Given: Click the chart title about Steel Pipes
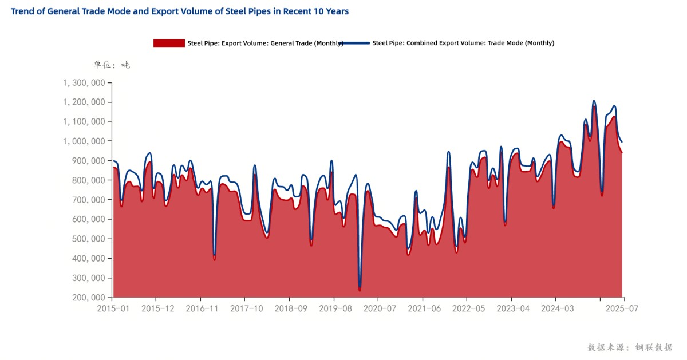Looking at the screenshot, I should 180,11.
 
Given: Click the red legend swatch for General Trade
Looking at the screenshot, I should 169,43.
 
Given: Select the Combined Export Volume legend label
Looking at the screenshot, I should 463,43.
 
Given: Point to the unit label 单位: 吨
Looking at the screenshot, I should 112,65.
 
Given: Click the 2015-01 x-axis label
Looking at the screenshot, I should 113,308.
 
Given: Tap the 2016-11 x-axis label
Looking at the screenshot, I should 201,308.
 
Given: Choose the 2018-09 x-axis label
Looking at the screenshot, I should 290,308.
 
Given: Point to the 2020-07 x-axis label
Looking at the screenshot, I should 378,308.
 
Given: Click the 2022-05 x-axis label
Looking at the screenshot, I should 467,308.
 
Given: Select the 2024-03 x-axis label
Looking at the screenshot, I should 555,308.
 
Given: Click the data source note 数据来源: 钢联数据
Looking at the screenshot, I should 630,347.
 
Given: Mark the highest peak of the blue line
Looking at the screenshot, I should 594,101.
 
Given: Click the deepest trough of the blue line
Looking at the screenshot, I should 360,286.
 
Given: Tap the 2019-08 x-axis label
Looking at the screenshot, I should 334,308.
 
